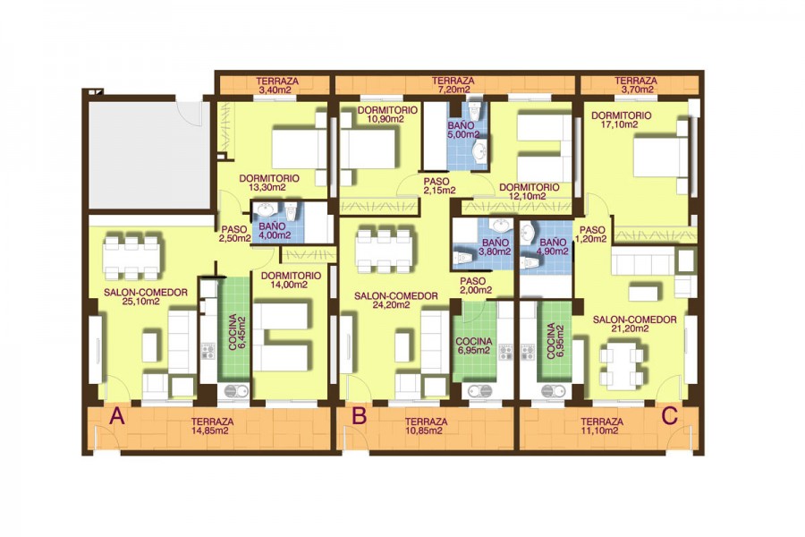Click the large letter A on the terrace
[117, 416]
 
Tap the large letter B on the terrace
[360, 415]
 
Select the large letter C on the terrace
[670, 416]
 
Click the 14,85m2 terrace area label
[212, 426]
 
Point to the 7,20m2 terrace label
[453, 85]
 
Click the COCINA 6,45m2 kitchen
[234, 329]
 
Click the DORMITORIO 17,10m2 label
[622, 120]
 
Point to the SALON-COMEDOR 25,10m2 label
[146, 297]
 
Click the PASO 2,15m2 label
[436, 185]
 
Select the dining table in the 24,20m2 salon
[384, 251]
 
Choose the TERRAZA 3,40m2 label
[277, 85]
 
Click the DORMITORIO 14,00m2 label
[291, 280]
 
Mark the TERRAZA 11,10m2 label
[602, 426]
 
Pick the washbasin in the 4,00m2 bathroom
[266, 210]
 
